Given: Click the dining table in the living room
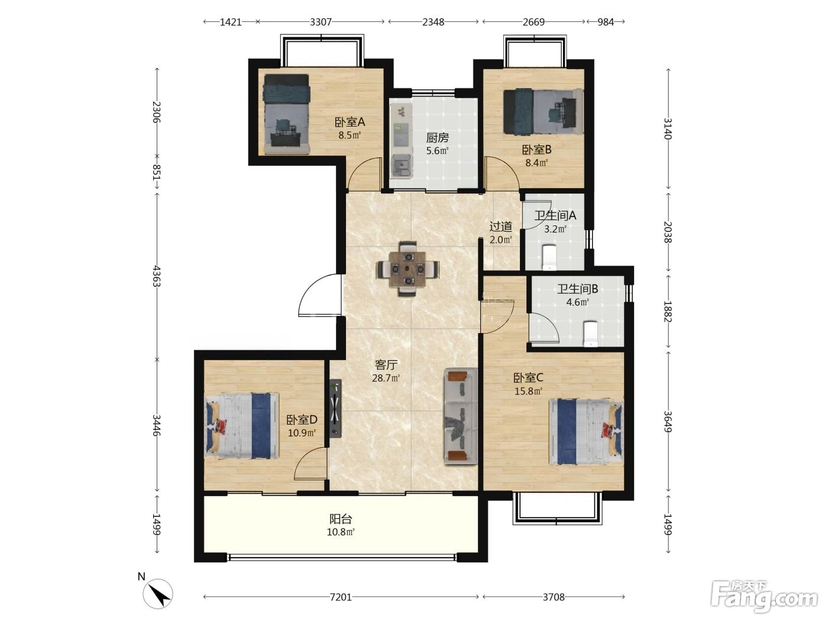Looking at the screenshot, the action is [407, 269].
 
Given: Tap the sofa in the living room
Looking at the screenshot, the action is [461, 416].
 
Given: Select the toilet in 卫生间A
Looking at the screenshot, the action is [549, 257].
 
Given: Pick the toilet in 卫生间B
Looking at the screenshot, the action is [591, 334].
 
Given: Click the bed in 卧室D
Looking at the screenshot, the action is [242, 425].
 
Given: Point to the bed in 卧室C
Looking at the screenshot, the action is [586, 432].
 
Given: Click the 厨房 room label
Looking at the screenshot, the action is [437, 138].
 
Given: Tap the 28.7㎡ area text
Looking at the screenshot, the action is [386, 378].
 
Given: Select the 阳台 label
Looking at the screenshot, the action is [341, 519].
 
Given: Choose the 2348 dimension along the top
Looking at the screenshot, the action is [433, 22].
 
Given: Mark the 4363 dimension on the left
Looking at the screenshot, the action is [157, 276].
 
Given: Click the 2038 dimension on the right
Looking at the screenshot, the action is [668, 232].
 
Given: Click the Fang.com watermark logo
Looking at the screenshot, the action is [764, 596].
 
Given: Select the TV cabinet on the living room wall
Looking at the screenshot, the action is [335, 408].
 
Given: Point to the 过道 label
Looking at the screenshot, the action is [500, 227].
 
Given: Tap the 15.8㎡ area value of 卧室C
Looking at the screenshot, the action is [528, 391].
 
